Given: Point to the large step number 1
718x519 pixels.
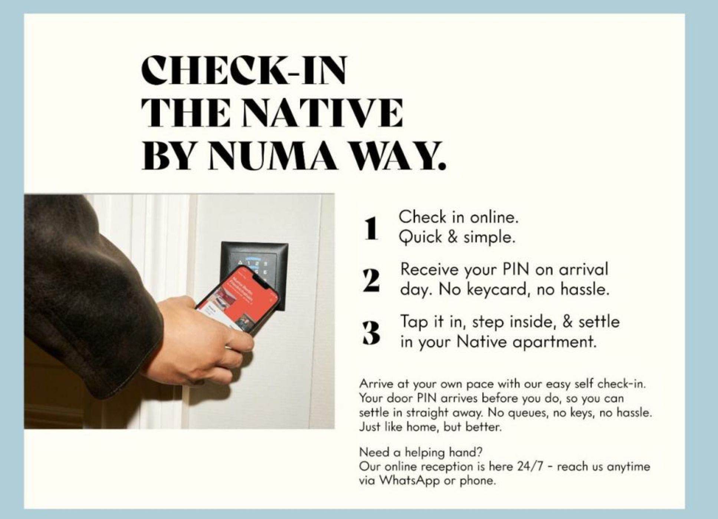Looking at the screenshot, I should pyautogui.click(x=371, y=228).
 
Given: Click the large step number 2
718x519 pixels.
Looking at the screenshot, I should pyautogui.click(x=371, y=281).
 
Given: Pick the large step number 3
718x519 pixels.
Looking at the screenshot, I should pyautogui.click(x=371, y=333).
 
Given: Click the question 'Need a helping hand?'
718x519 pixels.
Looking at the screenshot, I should pyautogui.click(x=421, y=452).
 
